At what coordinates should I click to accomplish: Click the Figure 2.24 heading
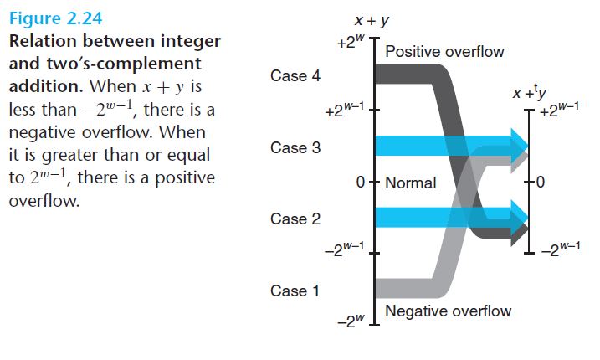coord(56,18)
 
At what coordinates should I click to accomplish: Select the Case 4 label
coord(295,76)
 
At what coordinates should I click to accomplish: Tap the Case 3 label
coord(295,148)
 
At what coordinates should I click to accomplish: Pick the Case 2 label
coord(295,219)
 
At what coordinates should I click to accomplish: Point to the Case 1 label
coord(295,291)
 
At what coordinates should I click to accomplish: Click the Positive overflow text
coord(444,52)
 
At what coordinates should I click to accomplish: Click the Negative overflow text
coord(448,311)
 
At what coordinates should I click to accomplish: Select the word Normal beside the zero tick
coord(411,183)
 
